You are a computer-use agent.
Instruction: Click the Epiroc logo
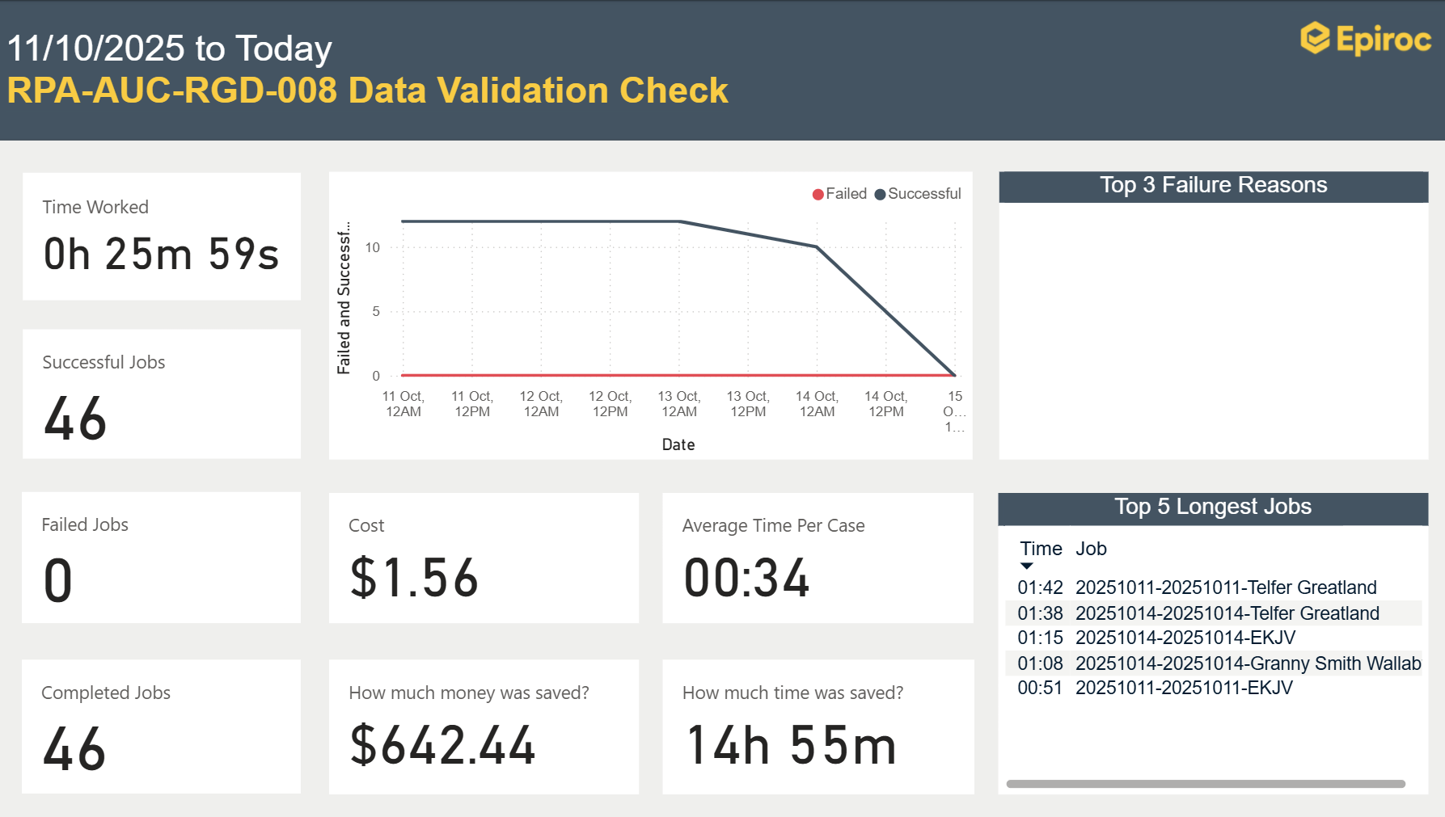pos(1365,39)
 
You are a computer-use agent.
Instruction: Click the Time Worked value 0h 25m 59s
pos(161,254)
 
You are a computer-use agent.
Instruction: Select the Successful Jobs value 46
pos(74,419)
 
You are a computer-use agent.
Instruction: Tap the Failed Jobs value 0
pos(58,581)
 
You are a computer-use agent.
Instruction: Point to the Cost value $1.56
pos(414,579)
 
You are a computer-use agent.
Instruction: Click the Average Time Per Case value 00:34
pos(746,579)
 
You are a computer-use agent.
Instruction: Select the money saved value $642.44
pos(442,745)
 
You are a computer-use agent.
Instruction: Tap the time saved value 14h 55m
pos(791,745)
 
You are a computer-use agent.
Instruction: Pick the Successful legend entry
pos(918,194)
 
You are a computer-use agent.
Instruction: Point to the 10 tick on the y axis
pos(372,247)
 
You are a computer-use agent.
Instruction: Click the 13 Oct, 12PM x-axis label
pos(748,403)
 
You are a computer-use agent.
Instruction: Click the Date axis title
pos(678,444)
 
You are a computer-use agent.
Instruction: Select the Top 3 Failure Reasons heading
pos(1213,185)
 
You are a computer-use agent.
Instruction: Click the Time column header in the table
pos(1041,549)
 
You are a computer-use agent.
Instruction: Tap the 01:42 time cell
pos(1040,587)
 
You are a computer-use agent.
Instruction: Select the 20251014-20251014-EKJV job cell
pos(1185,638)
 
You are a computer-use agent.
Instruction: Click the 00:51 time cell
pos(1040,688)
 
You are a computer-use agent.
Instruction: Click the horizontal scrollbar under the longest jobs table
pos(1205,784)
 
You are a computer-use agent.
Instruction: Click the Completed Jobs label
pos(106,693)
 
